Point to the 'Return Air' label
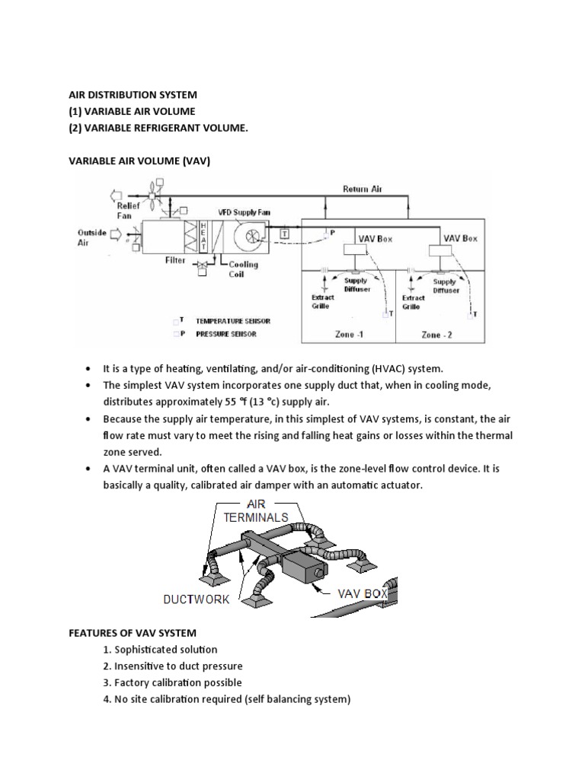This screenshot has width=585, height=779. (x=366, y=189)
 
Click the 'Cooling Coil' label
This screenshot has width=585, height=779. (x=245, y=269)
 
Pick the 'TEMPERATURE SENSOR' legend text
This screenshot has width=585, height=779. (x=233, y=321)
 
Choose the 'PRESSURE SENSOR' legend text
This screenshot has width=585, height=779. (x=226, y=334)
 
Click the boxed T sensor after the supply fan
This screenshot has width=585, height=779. (x=284, y=234)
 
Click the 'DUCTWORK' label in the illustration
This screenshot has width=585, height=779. (x=196, y=599)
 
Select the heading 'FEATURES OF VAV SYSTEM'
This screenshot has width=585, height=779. (x=133, y=632)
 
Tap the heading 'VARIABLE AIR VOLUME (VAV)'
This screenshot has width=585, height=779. (x=139, y=161)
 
